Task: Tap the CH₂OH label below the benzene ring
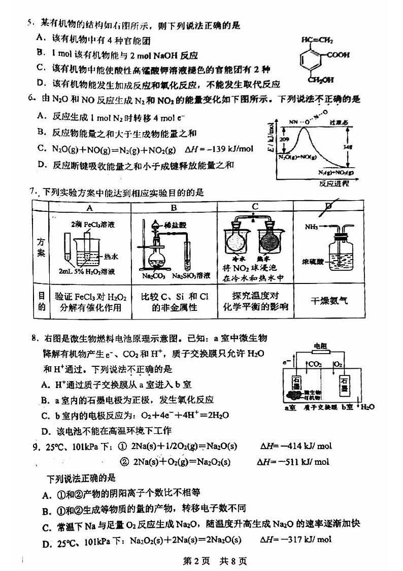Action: (320, 79)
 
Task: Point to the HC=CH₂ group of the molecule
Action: (317, 39)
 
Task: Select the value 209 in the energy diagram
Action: (284, 139)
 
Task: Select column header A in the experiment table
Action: (89, 207)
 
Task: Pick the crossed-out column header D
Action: (328, 206)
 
